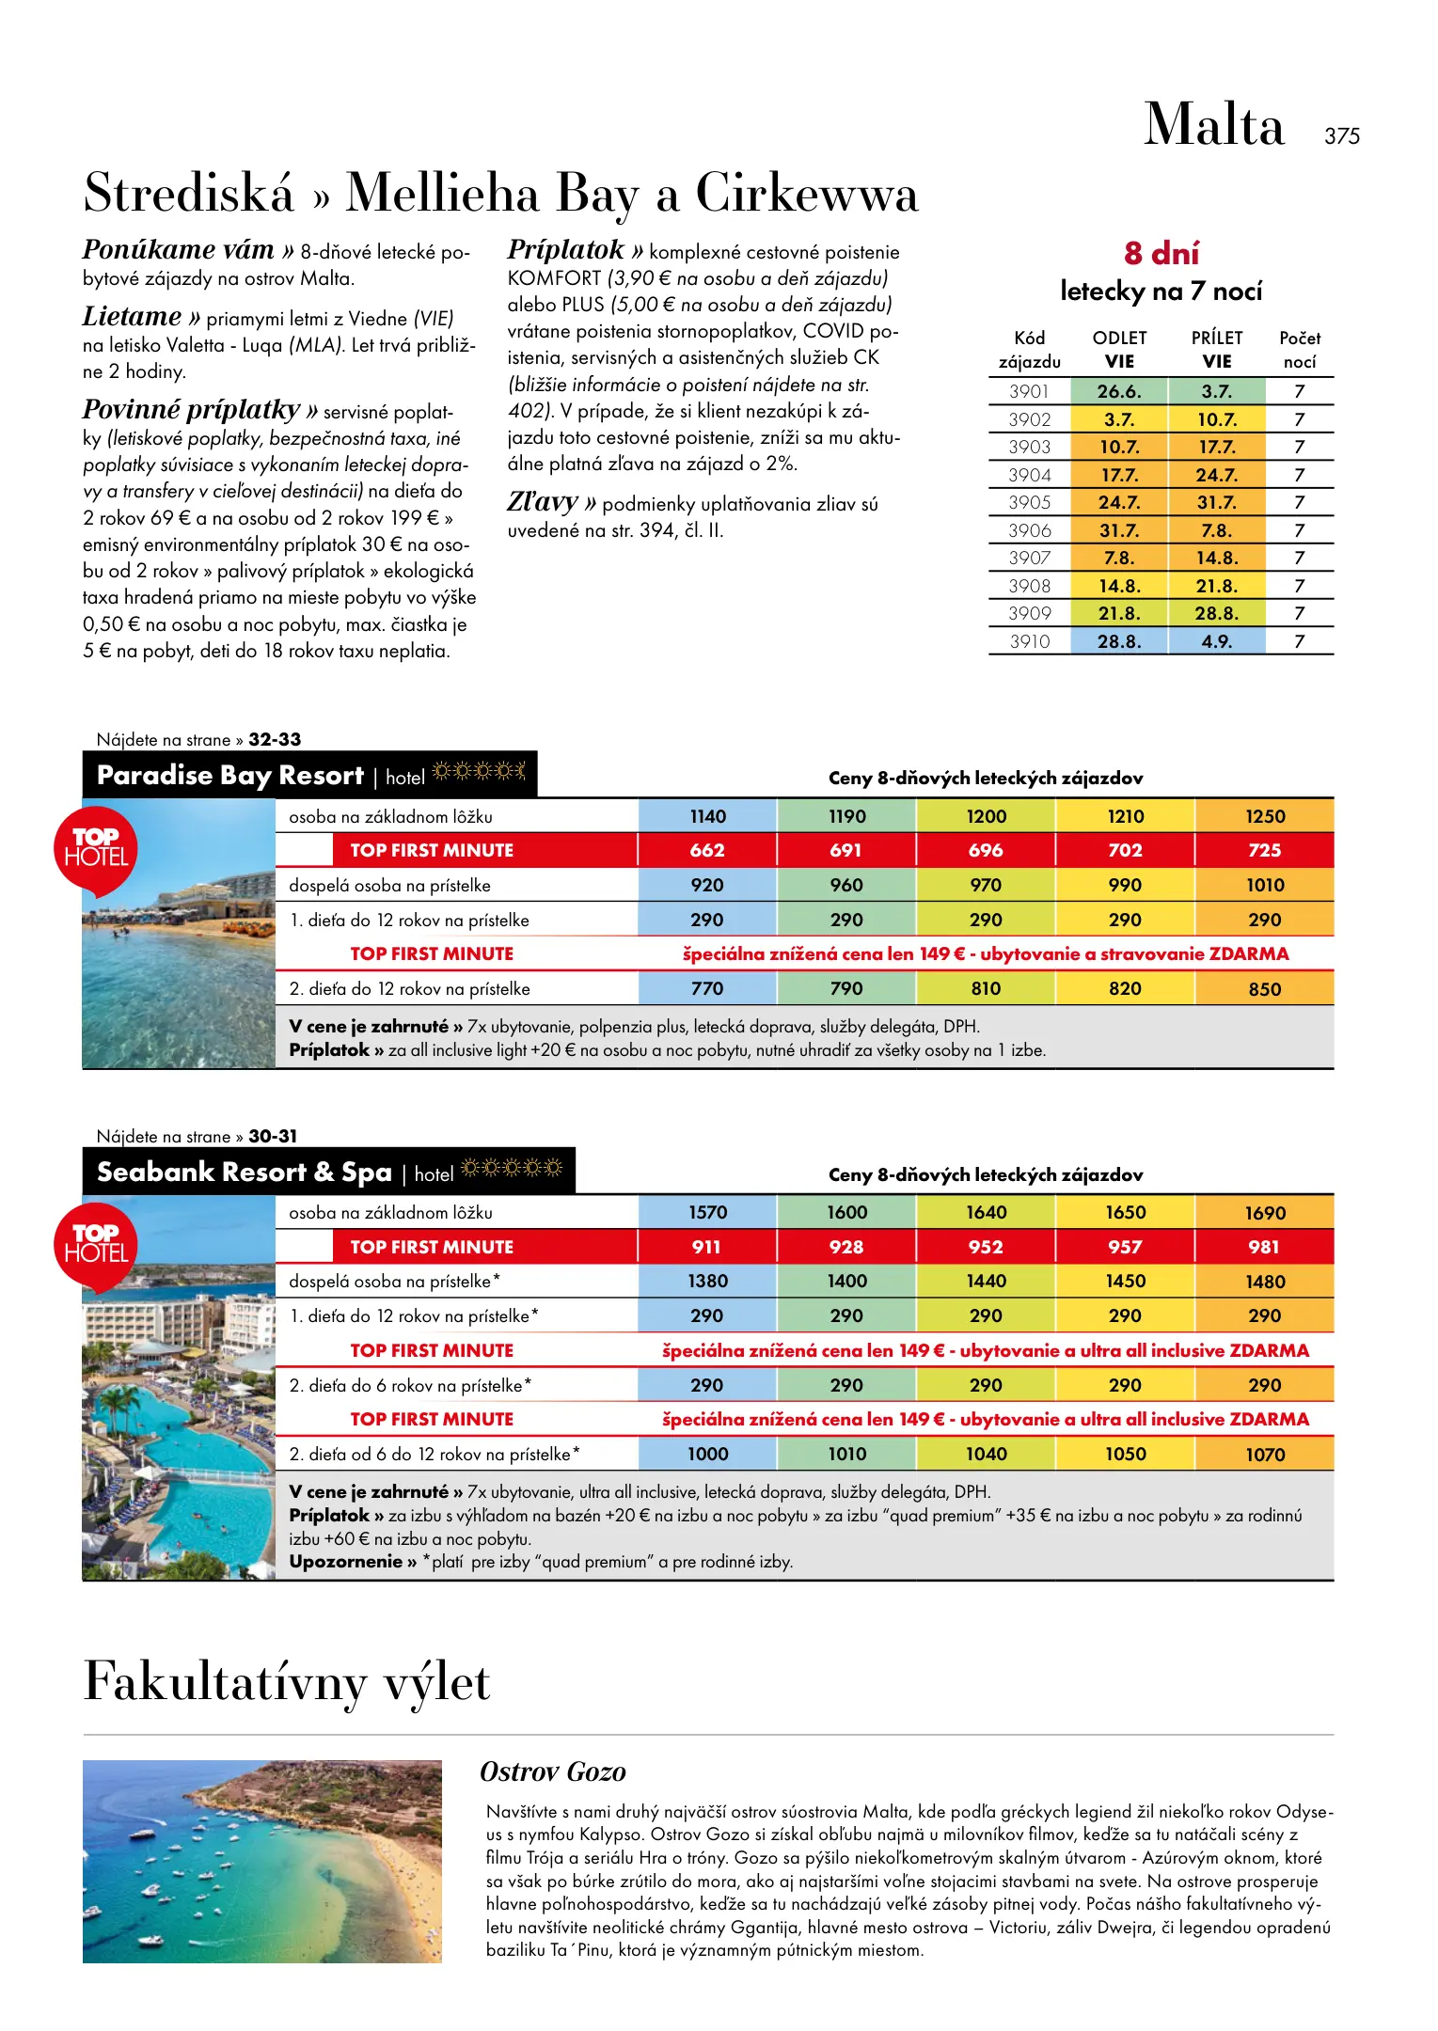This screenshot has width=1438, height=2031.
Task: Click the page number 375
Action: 1341,136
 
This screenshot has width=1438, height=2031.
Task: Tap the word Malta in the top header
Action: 1213,125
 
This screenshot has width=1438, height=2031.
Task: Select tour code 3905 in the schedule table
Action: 1029,503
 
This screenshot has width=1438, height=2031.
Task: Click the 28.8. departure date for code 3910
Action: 1119,642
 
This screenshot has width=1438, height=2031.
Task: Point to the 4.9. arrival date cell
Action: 1216,642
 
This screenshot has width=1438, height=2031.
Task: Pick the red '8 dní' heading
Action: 1161,254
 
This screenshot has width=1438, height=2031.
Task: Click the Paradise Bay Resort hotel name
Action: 230,776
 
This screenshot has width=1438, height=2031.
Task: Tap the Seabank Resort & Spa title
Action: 245,1173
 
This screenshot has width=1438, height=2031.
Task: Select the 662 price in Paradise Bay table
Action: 707,851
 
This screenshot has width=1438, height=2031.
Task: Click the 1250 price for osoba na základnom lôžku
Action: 1265,817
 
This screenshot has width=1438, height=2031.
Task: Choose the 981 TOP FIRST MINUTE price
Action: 1264,1248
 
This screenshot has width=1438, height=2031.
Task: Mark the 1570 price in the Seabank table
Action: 707,1213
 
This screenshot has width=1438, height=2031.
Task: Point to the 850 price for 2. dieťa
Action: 1265,989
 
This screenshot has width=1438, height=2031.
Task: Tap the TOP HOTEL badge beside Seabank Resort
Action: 96,1244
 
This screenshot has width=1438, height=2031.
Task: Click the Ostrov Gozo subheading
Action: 553,1772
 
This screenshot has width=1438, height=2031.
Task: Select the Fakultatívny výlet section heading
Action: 287,1683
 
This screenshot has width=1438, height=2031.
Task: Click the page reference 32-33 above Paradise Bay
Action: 275,740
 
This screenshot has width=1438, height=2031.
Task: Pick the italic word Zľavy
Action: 543,503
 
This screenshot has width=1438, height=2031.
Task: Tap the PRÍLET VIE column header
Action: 1217,350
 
